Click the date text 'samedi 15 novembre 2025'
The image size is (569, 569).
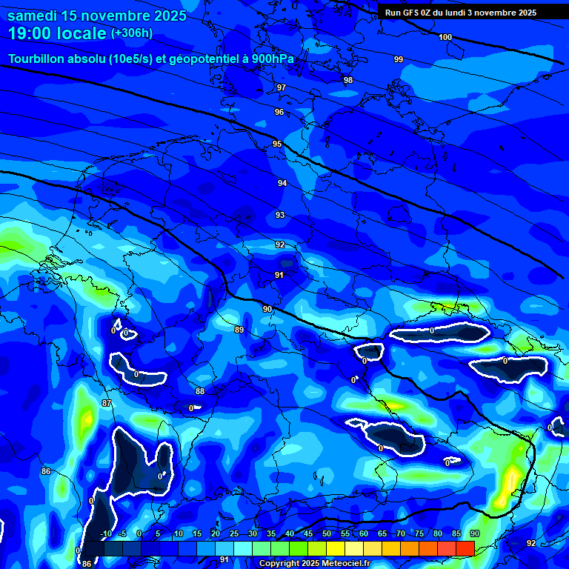click(x=97, y=15)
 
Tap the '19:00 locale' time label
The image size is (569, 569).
click(x=58, y=33)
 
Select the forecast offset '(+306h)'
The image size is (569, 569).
click(x=132, y=33)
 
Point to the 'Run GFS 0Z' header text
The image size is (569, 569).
click(x=411, y=13)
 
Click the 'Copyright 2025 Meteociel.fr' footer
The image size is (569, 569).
click(x=314, y=563)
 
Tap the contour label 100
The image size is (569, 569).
click(x=445, y=37)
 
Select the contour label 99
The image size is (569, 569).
click(x=399, y=59)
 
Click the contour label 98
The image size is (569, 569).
click(x=348, y=80)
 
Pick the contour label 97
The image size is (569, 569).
click(x=282, y=87)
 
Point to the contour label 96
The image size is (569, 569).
click(x=279, y=112)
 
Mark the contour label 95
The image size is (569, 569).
click(x=277, y=144)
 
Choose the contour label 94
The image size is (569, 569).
click(x=282, y=183)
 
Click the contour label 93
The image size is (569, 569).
click(x=280, y=215)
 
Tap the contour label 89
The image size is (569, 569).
click(x=239, y=330)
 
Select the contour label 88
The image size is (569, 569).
click(x=200, y=391)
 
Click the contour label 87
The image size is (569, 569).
click(x=107, y=403)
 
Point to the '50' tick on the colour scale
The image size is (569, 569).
click(x=327, y=534)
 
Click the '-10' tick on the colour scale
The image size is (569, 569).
click(x=106, y=534)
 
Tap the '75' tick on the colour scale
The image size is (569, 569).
click(x=419, y=534)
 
